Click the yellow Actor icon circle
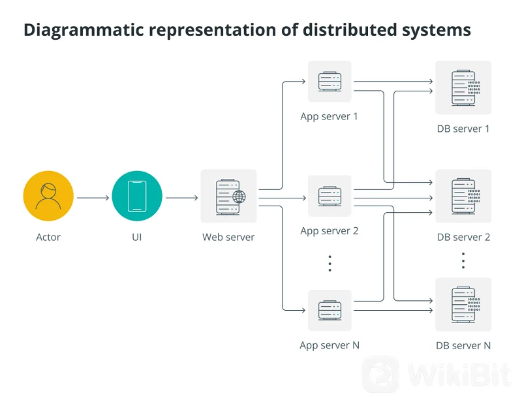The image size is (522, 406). [48, 196]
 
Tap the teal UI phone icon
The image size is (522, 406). [136, 196]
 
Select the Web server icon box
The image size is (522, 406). [228, 196]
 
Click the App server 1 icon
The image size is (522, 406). [330, 82]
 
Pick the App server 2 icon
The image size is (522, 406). [330, 196]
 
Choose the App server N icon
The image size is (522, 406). [330, 310]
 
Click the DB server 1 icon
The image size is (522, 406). [463, 88]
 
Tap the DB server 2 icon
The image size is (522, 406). [463, 196]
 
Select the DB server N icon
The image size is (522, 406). [463, 305]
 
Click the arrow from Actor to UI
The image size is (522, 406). [93, 197]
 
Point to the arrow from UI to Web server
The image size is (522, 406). [182, 197]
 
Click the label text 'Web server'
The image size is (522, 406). [228, 237]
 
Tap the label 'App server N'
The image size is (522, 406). [330, 345]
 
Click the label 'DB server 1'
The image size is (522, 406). [463, 129]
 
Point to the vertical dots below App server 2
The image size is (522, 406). [330, 263]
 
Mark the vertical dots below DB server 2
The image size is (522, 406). [463, 260]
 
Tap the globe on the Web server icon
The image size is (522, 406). [239, 197]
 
